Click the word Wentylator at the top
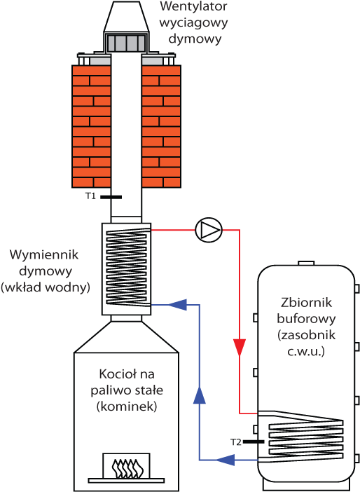coord(188,8)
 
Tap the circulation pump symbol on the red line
coord(209,228)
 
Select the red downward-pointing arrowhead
coord(240,348)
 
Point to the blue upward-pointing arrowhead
coord(200,396)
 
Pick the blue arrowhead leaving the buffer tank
coord(226,460)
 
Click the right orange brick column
coord(162,127)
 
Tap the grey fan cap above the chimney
coord(128,43)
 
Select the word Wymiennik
coord(39,253)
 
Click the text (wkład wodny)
coord(45,287)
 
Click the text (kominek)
coord(127,406)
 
